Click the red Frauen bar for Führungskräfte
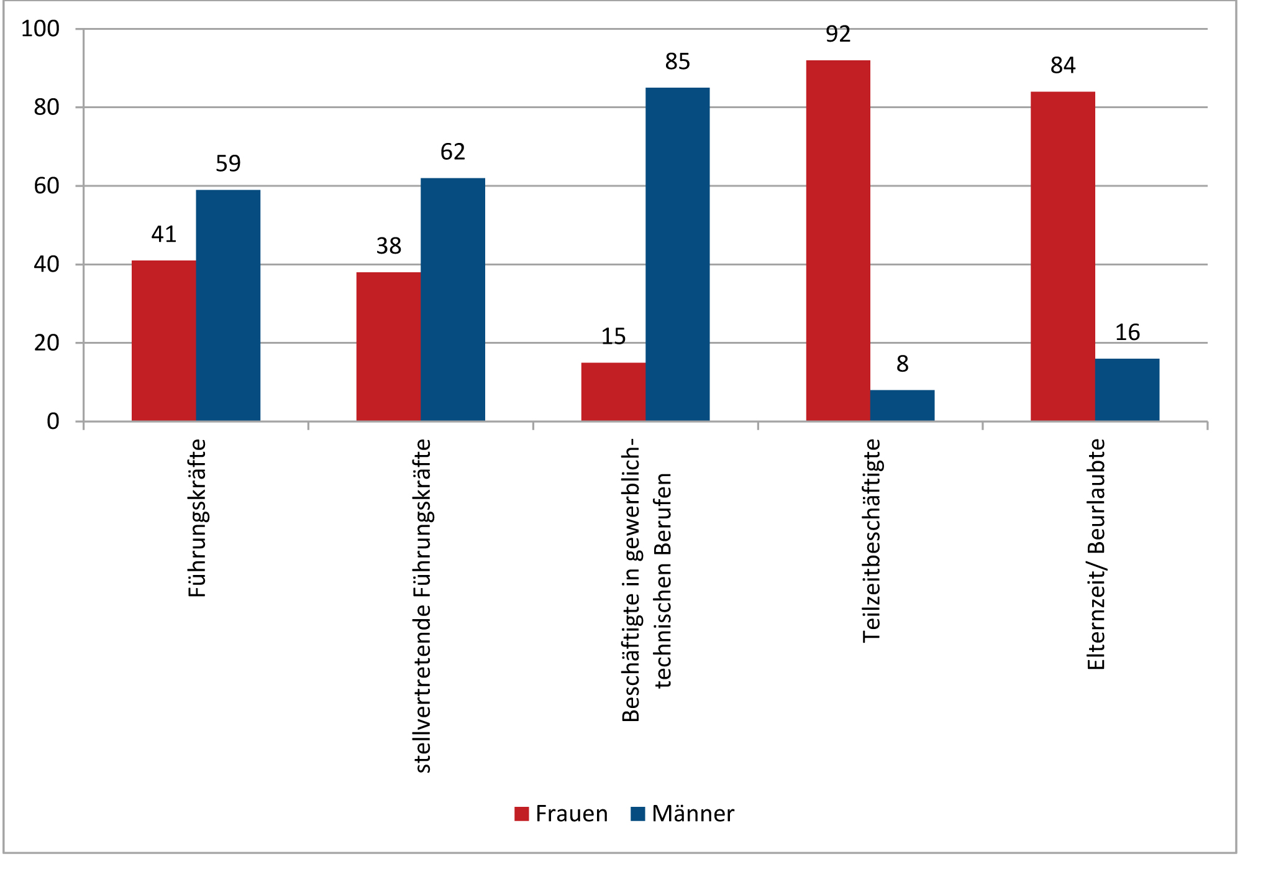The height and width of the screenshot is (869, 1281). (163, 341)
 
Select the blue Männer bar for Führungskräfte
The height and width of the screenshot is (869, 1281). (228, 305)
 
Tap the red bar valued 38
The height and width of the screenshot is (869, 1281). (388, 346)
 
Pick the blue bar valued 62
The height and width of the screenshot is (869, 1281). (453, 300)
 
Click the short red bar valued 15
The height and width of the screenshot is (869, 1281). (613, 392)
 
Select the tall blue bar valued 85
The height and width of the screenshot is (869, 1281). (677, 254)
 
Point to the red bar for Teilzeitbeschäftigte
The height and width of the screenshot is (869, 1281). (838, 241)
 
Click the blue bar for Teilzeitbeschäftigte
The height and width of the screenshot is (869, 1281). (902, 405)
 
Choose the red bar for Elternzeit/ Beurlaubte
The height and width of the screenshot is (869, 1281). (1062, 256)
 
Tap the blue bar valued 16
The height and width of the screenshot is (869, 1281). (1127, 390)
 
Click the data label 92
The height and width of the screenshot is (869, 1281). (838, 34)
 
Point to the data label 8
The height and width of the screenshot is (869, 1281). (902, 364)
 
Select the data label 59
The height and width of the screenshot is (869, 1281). (228, 163)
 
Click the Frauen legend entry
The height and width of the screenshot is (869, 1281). (561, 814)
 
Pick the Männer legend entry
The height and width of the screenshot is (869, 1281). (682, 814)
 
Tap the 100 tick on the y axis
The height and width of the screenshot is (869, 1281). (40, 29)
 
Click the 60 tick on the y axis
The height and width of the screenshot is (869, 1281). (47, 186)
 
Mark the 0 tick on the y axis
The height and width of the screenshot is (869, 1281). (53, 421)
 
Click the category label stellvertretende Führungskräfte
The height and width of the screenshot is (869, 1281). (422, 606)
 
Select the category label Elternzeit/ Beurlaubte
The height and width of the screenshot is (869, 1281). (1096, 554)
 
